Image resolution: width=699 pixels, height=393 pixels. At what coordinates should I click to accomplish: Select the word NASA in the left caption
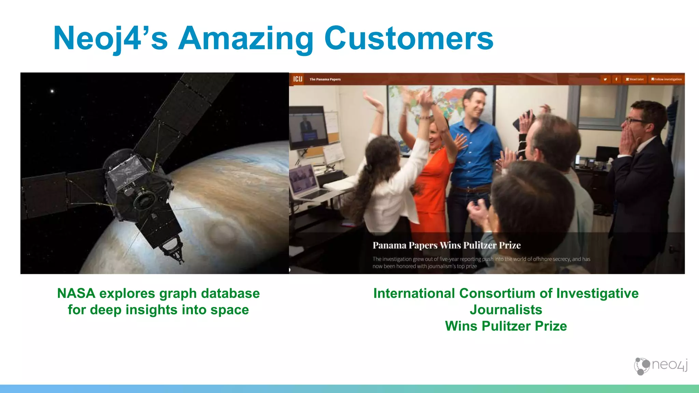click(x=76, y=293)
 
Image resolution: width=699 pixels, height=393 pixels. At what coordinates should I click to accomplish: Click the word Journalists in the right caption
click(x=506, y=310)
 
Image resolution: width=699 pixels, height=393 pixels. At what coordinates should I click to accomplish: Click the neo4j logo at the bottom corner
click(x=660, y=366)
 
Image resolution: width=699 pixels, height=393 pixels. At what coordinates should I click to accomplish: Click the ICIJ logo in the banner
click(x=298, y=79)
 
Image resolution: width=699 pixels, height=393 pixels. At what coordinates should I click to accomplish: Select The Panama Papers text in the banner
click(x=325, y=79)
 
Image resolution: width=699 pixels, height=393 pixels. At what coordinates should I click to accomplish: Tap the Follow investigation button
click(x=666, y=79)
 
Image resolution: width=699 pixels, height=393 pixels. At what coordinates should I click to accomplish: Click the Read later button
click(x=634, y=79)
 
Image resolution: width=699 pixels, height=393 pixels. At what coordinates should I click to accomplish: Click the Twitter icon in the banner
click(x=605, y=79)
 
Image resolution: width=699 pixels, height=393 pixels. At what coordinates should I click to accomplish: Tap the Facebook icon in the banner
click(x=616, y=79)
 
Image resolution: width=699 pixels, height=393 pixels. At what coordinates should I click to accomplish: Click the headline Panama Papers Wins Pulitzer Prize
click(x=446, y=245)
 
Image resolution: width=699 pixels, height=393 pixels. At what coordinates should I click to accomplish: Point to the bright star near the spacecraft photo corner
click(x=52, y=91)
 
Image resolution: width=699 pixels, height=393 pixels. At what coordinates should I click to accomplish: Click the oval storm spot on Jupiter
click(x=222, y=234)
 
